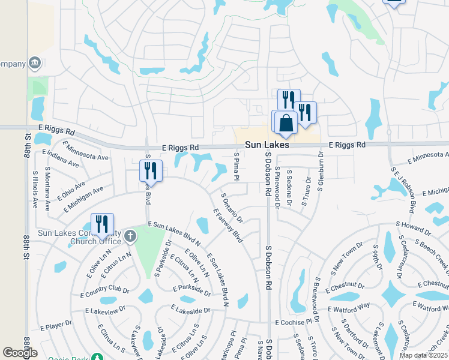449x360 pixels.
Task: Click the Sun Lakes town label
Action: point(267,145)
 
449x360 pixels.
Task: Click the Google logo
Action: point(19,353)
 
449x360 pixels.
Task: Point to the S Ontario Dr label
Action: point(232,208)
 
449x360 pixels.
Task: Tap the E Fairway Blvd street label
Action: point(229,225)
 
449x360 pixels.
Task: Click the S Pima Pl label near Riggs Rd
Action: point(237,166)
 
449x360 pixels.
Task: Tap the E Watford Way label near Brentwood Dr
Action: point(348,308)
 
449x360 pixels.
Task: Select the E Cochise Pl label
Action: point(294,322)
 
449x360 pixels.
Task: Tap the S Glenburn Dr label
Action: point(321,171)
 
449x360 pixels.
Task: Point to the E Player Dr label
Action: point(56,326)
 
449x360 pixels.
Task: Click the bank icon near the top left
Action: point(35,62)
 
